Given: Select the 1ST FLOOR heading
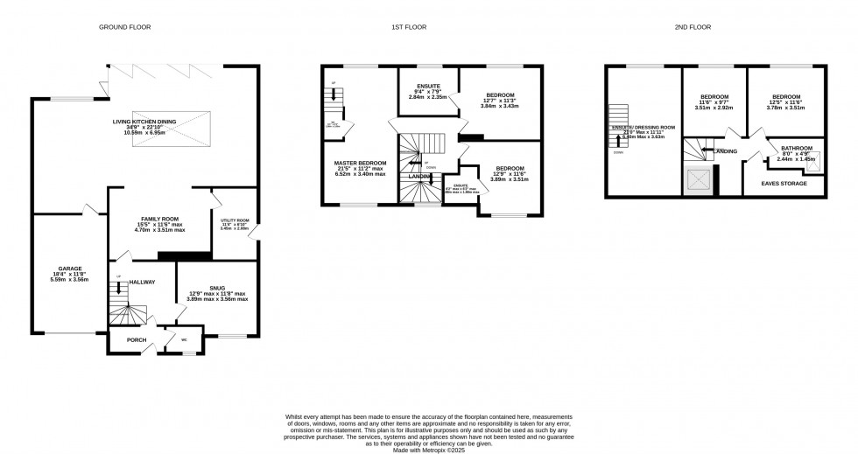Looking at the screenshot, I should click(x=409, y=27).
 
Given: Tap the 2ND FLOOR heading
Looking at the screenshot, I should click(x=693, y=27).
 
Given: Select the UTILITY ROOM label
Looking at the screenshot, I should click(x=235, y=220).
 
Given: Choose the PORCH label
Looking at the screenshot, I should click(x=136, y=340).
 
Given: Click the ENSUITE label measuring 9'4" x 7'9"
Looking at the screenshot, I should click(x=427, y=86).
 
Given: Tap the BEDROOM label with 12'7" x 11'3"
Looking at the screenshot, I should click(x=500, y=94).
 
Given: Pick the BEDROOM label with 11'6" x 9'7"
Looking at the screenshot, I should click(x=714, y=96).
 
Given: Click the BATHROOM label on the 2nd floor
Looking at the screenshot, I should click(x=797, y=148).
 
